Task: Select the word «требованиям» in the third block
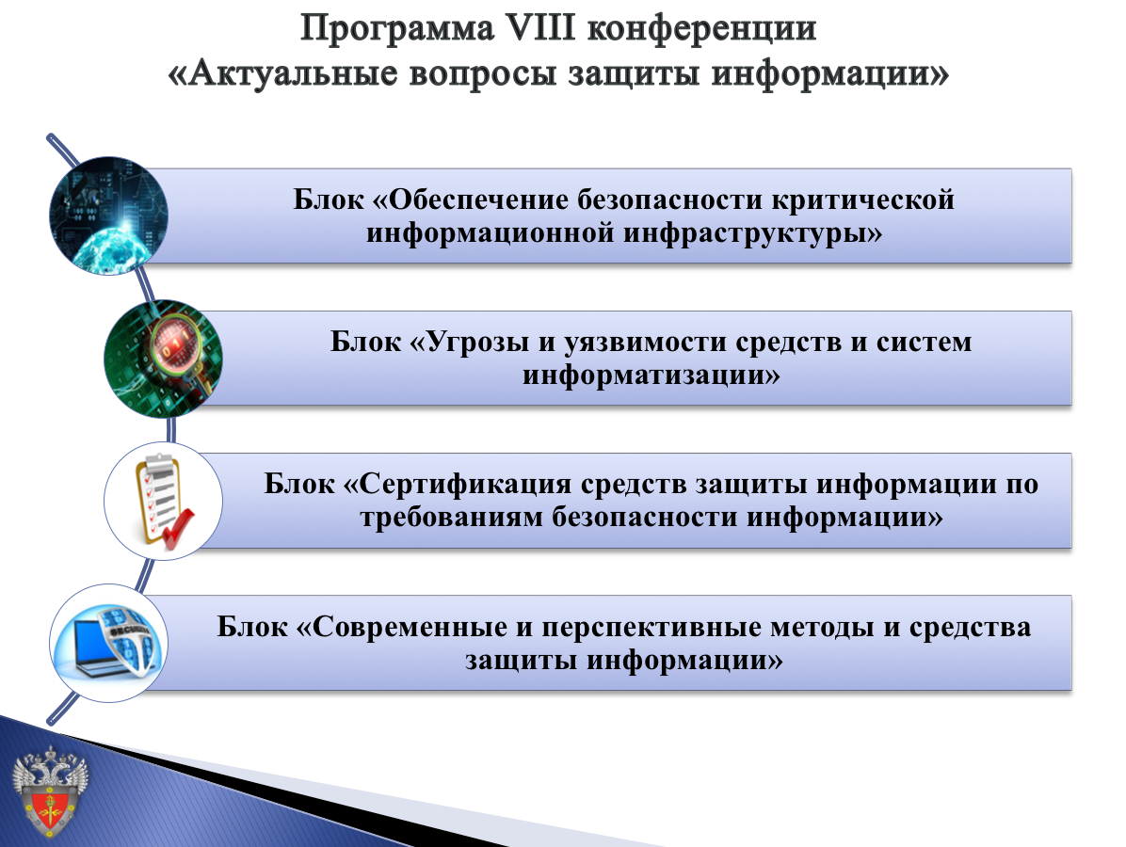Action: (452, 517)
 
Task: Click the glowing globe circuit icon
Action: (108, 216)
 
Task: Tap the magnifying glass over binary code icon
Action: (163, 359)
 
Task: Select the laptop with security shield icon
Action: (108, 643)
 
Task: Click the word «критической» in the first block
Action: (863, 200)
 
